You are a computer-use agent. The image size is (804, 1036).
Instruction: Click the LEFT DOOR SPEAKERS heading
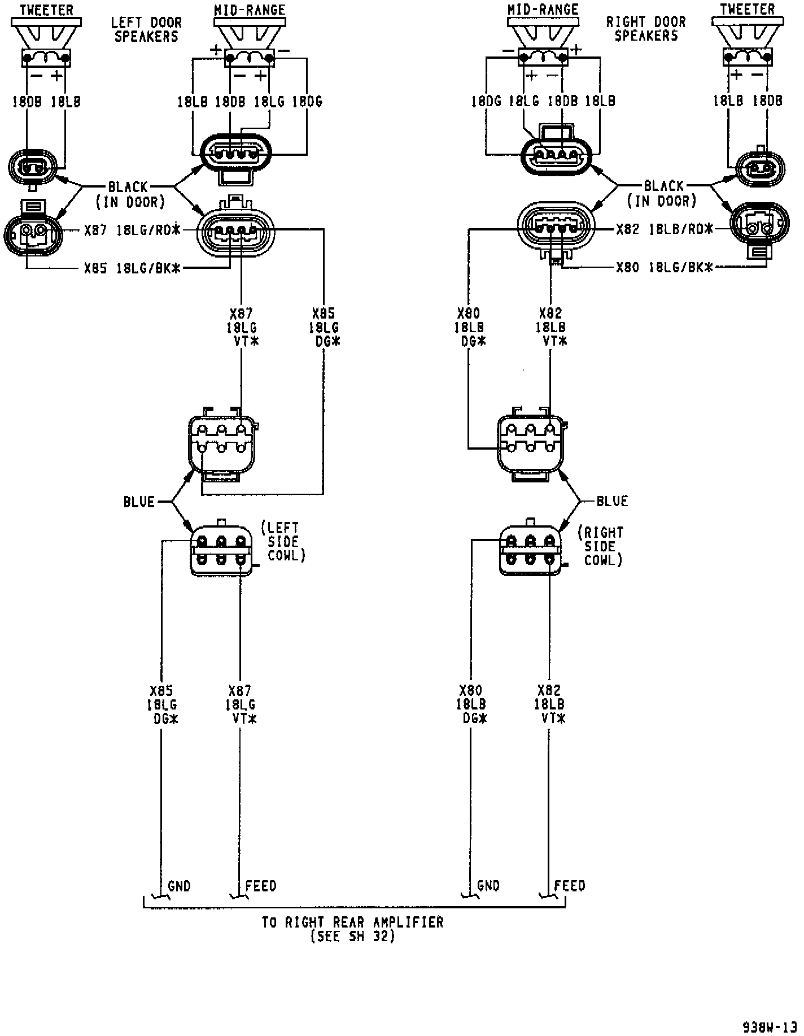tap(146, 30)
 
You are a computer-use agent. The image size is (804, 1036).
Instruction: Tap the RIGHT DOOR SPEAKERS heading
tap(645, 29)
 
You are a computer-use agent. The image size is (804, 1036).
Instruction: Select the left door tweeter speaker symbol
tap(46, 40)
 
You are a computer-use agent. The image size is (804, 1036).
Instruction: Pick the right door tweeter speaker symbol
tap(747, 40)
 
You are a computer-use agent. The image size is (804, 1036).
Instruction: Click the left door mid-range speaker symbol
tap(249, 40)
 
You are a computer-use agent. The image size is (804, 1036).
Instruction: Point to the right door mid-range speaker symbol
tap(543, 40)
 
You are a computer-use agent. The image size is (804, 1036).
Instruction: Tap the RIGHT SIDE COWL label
tap(601, 546)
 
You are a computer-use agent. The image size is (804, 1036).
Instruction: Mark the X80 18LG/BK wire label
tap(665, 267)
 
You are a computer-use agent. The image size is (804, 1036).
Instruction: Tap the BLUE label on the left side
tap(139, 502)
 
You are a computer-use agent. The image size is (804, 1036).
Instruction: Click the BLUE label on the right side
tap(612, 501)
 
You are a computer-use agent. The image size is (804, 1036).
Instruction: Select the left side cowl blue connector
tap(221, 550)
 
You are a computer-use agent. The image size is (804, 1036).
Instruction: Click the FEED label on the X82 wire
tap(570, 886)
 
